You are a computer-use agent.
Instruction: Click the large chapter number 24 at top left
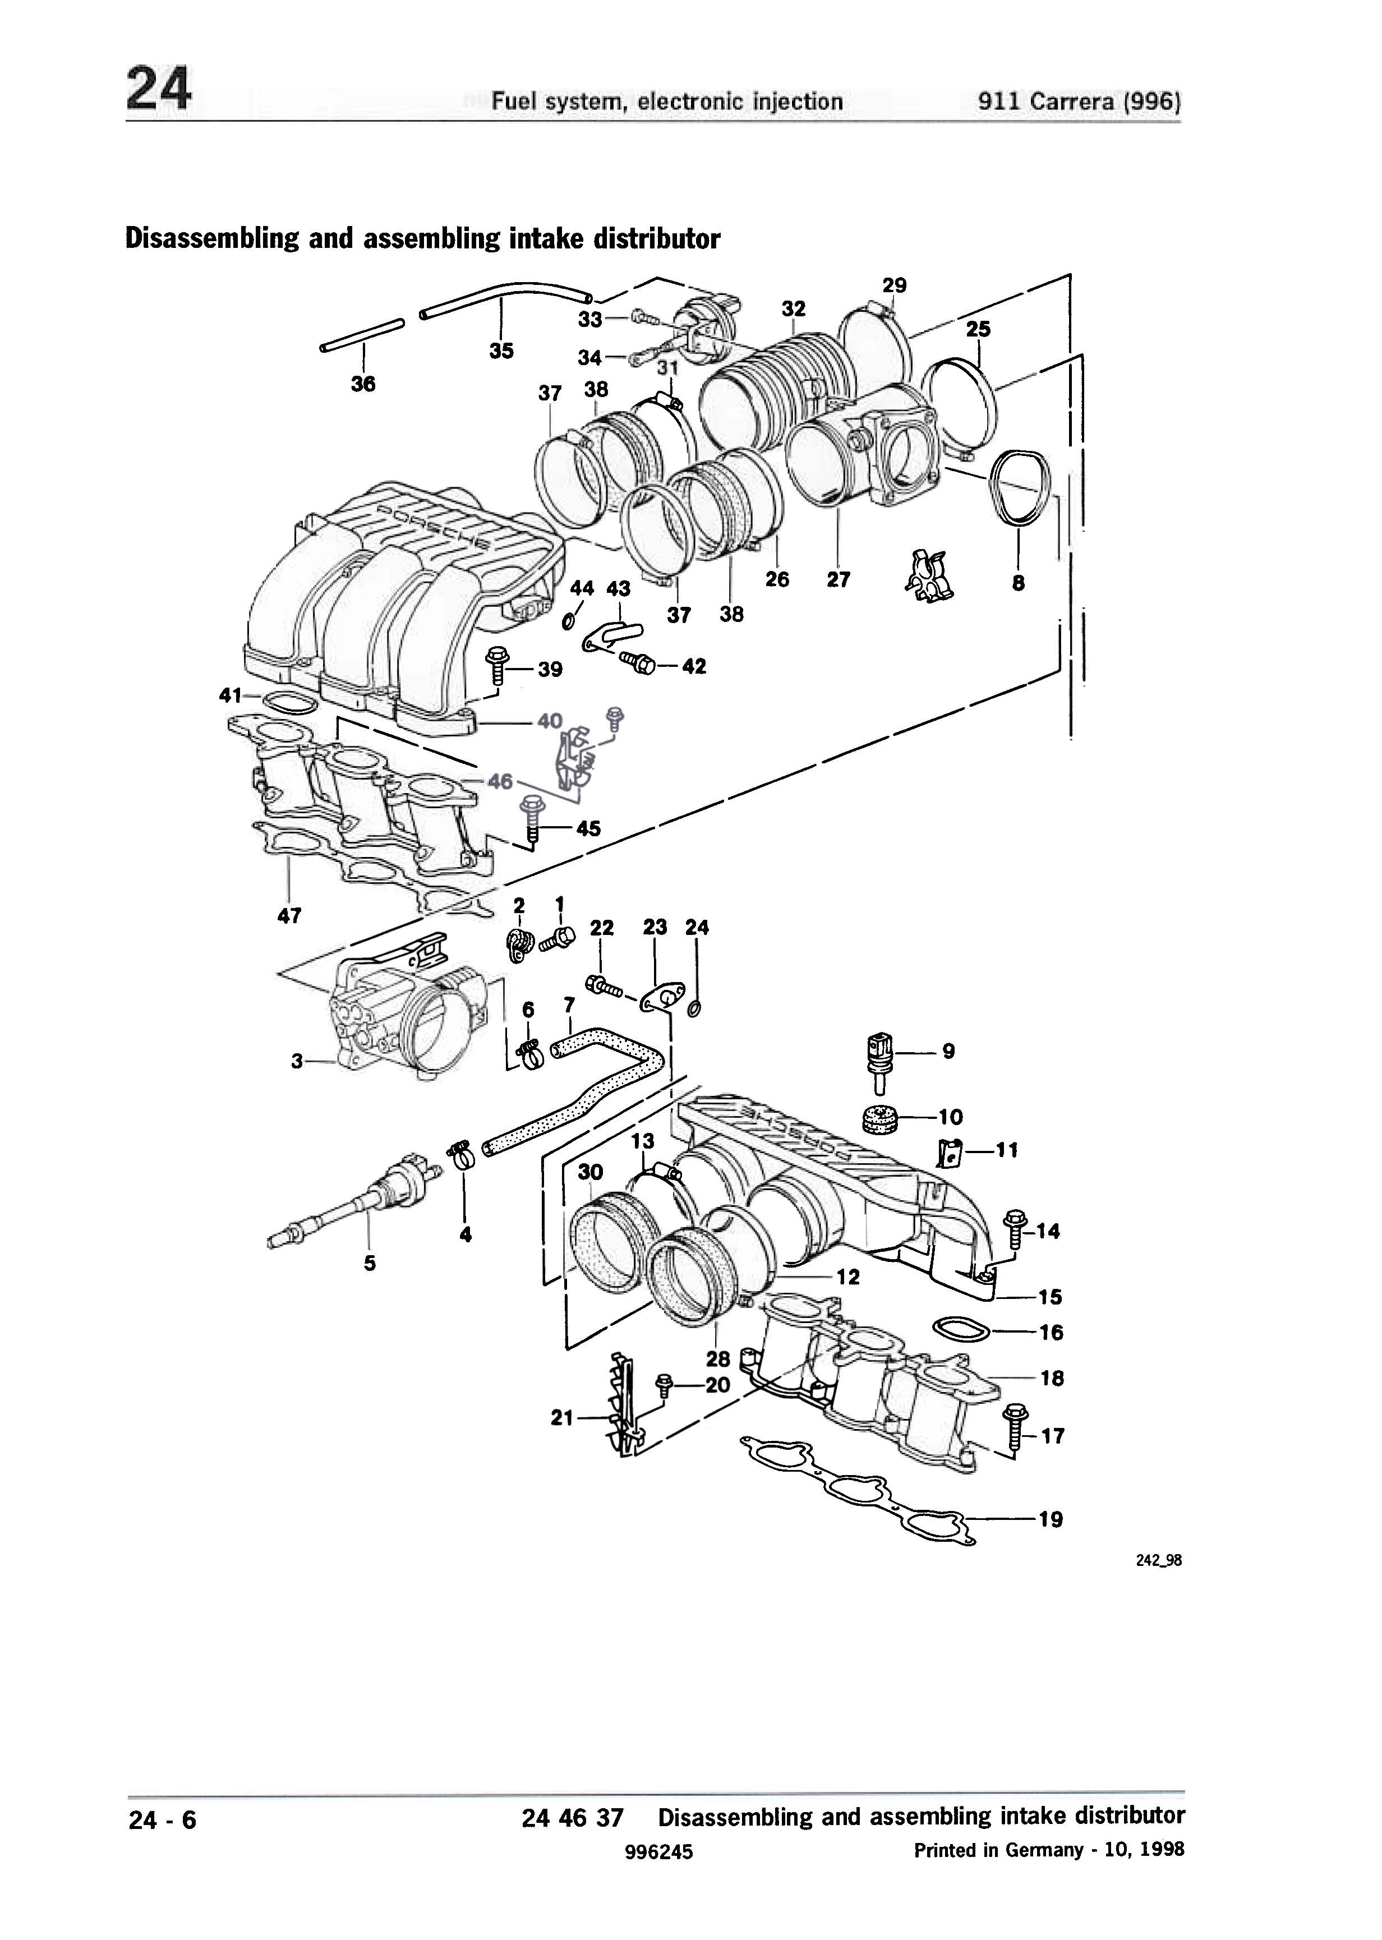(x=159, y=89)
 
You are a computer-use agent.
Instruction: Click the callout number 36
(x=363, y=385)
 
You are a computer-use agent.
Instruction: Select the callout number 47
(x=289, y=915)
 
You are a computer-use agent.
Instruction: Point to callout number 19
(x=1051, y=1519)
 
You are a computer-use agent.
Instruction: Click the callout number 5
(x=369, y=1264)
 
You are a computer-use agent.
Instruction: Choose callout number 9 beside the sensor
(x=949, y=1052)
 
